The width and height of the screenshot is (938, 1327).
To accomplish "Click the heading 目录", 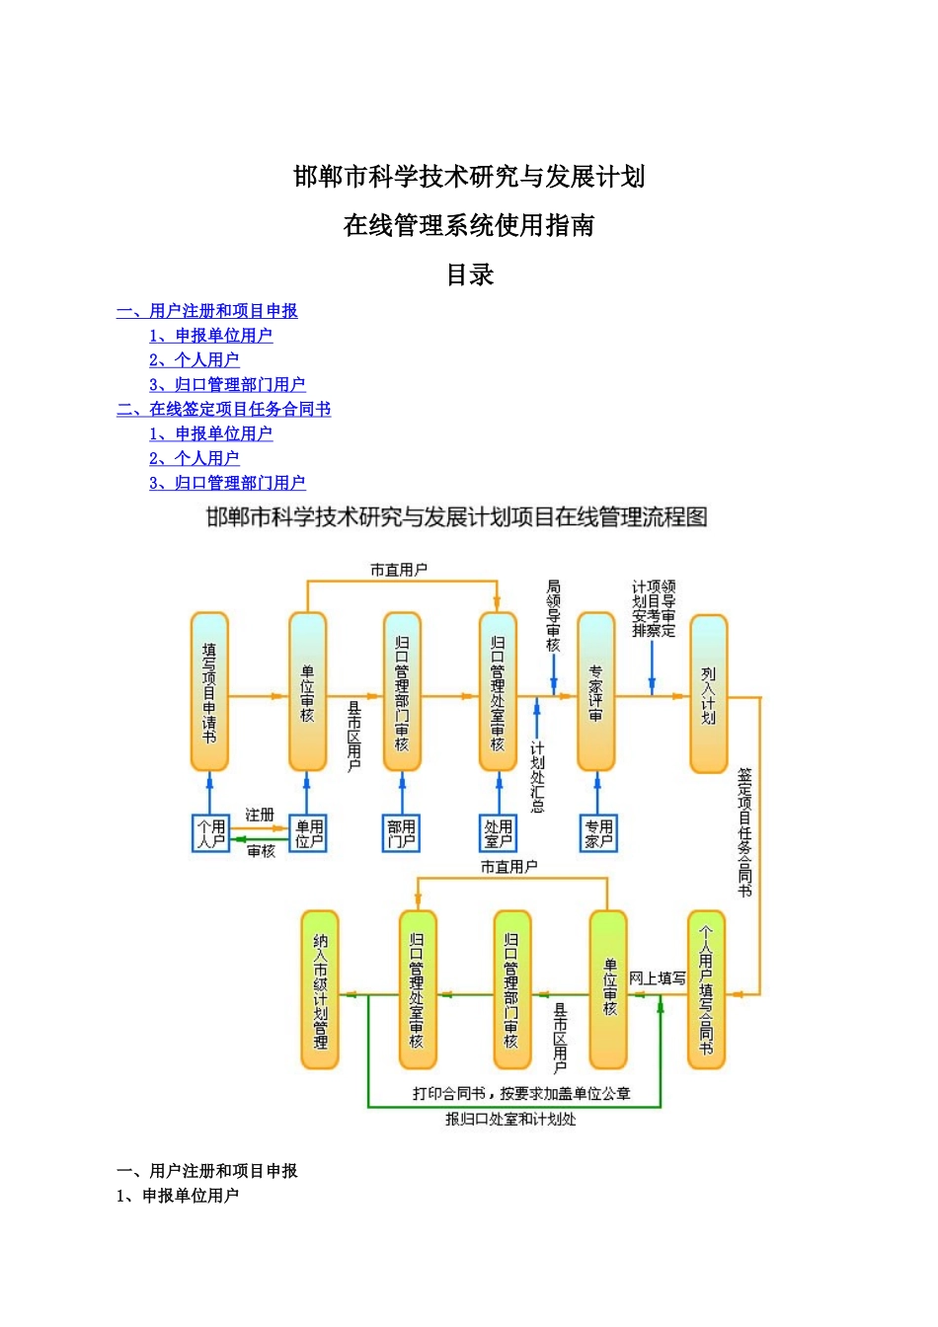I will [469, 274].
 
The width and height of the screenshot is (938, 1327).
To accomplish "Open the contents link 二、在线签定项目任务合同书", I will [223, 409].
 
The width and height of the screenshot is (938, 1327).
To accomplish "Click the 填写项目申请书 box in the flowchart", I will [209, 691].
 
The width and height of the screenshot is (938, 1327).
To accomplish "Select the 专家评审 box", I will [595, 691].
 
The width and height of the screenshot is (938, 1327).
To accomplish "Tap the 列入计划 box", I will [708, 693].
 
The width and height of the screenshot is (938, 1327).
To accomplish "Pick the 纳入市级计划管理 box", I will [320, 989].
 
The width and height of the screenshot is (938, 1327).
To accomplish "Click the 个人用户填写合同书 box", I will [706, 989].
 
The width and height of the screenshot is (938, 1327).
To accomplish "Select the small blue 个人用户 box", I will [210, 833].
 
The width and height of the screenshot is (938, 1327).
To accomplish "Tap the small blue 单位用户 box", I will [308, 833].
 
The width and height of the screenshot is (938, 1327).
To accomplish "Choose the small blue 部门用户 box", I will [402, 833].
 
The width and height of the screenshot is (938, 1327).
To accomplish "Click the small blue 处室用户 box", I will [499, 833].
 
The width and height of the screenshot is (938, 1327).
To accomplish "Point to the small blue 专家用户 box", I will [597, 833].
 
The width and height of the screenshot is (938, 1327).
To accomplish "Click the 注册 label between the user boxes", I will [260, 815].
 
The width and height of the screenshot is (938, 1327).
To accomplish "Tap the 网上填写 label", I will [658, 977].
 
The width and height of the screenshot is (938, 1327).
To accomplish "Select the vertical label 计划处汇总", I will [537, 777].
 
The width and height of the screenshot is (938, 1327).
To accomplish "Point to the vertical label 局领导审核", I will [554, 616].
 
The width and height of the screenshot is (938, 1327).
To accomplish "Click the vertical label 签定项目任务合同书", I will [744, 833].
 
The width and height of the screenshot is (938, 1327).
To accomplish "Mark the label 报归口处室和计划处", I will [510, 1119].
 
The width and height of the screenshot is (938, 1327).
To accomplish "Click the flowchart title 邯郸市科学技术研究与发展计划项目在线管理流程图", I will [457, 516].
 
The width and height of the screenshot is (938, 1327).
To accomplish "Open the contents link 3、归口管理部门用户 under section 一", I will [227, 384].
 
